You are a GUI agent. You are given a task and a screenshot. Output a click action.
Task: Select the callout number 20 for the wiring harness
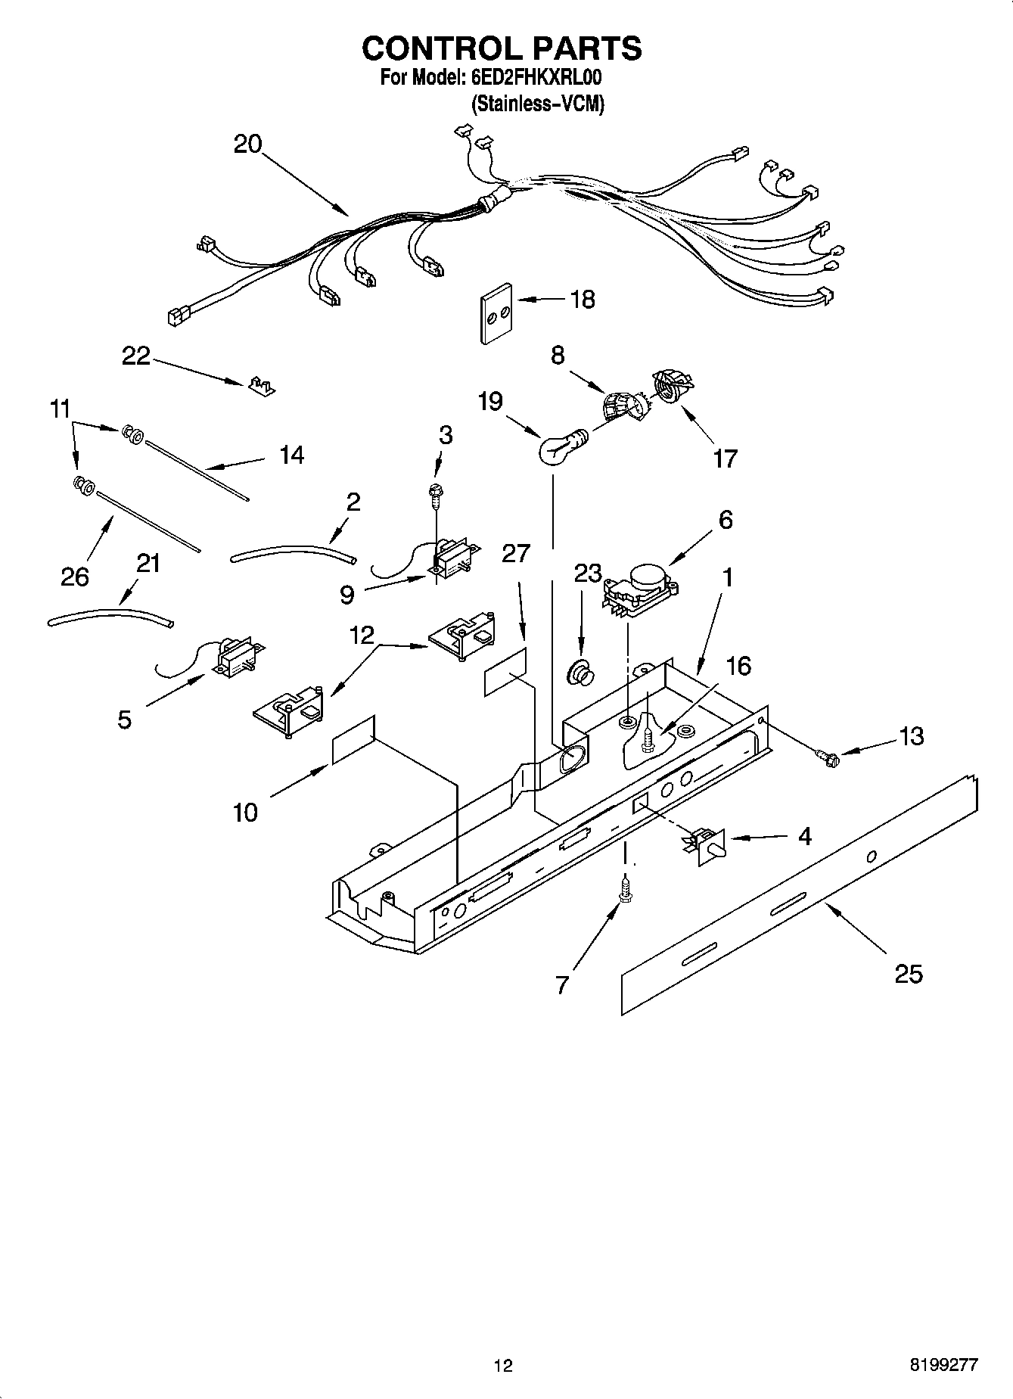(247, 144)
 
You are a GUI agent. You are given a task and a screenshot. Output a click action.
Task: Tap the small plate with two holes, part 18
(496, 313)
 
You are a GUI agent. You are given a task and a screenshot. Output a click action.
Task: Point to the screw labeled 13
(828, 755)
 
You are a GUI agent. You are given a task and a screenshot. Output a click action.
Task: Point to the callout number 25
(908, 974)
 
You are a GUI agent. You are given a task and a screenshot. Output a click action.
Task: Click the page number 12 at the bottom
(503, 1366)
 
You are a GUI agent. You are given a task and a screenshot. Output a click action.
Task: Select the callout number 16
(738, 666)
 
